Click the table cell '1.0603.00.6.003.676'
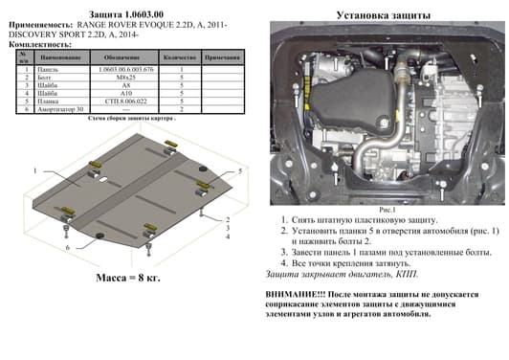[x=126, y=70]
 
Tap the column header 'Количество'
[x=180, y=58]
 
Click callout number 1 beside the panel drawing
[x=34, y=170]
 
